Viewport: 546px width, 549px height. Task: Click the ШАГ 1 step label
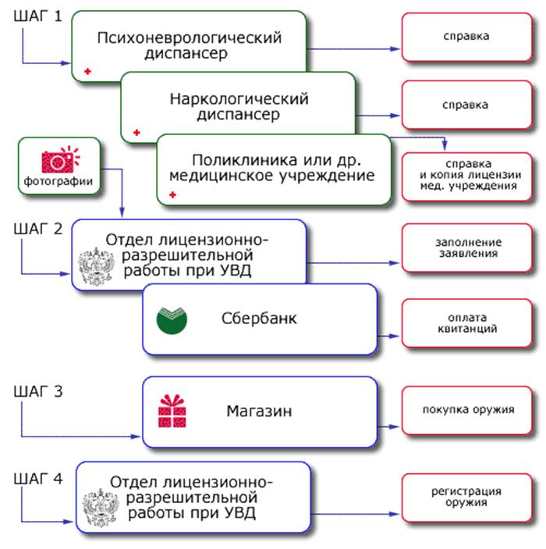[x=37, y=16]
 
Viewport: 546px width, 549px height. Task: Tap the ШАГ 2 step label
[x=37, y=229]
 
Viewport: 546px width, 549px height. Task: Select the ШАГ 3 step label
[x=37, y=391]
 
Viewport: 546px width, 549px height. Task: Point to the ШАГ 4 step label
[x=37, y=479]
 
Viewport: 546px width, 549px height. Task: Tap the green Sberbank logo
[x=172, y=320]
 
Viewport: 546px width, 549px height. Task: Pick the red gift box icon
[x=172, y=411]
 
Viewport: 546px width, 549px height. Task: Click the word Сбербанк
[x=259, y=319]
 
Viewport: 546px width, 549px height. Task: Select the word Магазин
[x=259, y=411]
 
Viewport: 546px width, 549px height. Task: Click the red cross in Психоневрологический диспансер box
[x=87, y=71]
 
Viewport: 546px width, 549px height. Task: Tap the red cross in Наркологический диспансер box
[x=136, y=132]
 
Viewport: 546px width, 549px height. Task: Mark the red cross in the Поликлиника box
[x=172, y=194]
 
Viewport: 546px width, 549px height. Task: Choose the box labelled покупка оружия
[x=467, y=410]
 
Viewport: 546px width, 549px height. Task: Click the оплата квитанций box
[x=467, y=323]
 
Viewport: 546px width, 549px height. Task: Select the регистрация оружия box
[x=467, y=497]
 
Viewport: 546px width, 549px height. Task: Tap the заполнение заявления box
[x=467, y=248]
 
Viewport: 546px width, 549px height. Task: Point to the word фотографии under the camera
[x=58, y=181]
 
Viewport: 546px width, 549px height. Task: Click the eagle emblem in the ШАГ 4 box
[x=101, y=508]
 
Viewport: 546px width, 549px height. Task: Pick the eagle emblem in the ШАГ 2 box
[x=96, y=266]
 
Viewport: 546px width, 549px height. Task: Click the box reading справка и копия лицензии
[x=467, y=176]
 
